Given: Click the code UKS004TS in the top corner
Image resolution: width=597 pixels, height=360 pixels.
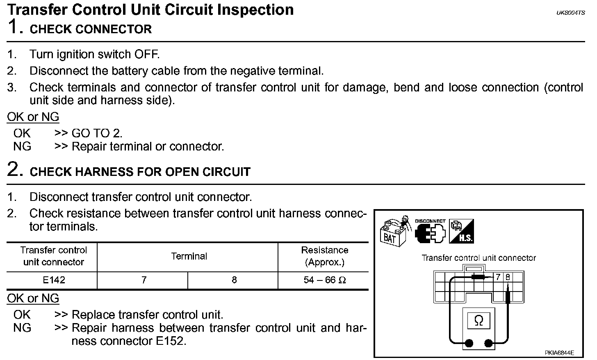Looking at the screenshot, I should click(x=570, y=13).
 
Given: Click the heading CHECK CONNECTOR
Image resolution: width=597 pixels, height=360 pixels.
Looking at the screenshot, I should click(x=91, y=30).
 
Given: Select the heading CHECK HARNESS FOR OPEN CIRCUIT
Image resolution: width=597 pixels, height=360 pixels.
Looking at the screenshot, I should click(x=140, y=172).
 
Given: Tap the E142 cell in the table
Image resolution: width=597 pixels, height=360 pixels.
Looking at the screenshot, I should click(x=54, y=280).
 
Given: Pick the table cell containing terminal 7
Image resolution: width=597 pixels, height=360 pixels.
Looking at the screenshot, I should click(x=144, y=280).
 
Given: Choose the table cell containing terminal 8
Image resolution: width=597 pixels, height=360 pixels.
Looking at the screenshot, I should click(x=234, y=280).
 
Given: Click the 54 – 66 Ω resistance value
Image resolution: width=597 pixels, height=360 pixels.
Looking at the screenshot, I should click(x=325, y=280).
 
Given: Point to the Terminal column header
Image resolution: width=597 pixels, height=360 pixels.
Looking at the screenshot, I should click(x=189, y=256).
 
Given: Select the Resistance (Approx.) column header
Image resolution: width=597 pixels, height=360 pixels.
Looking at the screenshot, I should click(x=324, y=256).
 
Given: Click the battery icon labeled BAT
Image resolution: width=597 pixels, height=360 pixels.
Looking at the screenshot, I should click(x=393, y=232).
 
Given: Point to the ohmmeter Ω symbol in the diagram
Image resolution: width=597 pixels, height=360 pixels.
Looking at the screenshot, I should click(x=478, y=321).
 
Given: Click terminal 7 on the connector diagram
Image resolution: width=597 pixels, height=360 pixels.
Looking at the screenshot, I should click(x=498, y=277).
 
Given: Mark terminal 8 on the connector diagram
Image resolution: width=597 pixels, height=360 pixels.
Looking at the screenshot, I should click(x=508, y=277).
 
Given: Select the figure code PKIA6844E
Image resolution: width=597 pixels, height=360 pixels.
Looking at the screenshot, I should click(x=559, y=353).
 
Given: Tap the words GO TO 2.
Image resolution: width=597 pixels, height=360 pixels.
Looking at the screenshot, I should click(x=97, y=133).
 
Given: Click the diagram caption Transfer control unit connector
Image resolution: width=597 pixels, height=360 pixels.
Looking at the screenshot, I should click(x=479, y=258).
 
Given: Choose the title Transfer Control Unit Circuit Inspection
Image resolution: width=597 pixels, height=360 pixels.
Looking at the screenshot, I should click(x=150, y=9).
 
